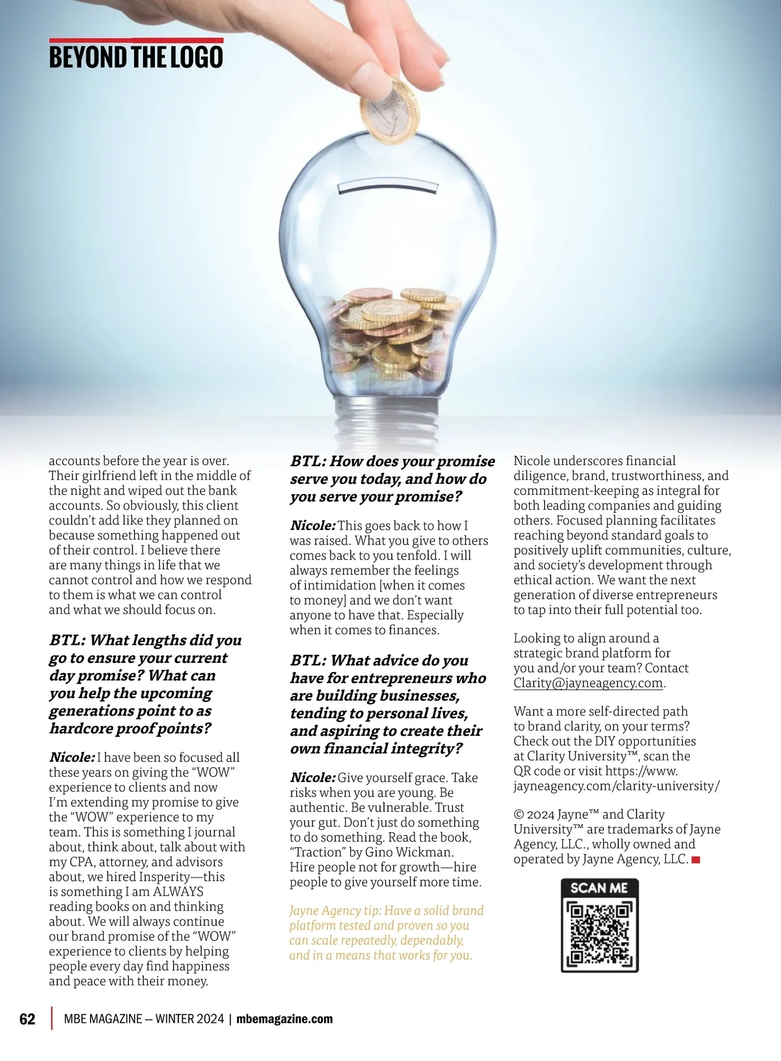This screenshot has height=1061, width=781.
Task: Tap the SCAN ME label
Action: coord(599,888)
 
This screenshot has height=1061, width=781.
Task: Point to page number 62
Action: coord(27,1019)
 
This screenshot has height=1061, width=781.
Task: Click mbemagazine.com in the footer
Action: coord(284,1019)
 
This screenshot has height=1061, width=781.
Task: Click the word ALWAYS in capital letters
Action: coord(178,892)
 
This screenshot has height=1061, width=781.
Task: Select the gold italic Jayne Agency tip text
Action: coord(387,933)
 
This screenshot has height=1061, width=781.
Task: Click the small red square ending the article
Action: coord(696,860)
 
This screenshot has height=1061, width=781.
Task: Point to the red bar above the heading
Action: coord(136,40)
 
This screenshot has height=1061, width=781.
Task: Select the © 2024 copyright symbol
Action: coord(518,814)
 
